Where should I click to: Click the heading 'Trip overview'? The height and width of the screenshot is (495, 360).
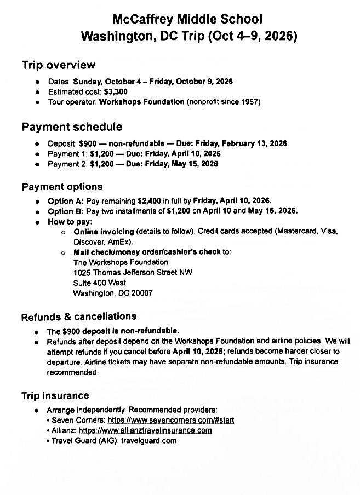point(58,65)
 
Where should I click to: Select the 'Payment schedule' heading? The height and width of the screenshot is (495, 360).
point(72,128)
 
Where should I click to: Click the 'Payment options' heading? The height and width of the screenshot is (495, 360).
point(62,187)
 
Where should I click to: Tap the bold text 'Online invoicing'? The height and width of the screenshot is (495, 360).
point(104,232)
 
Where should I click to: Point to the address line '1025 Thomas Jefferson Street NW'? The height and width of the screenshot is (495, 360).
point(133,272)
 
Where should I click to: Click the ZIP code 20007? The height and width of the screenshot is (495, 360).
point(141,293)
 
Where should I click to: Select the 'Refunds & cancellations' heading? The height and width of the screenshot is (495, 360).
point(78,316)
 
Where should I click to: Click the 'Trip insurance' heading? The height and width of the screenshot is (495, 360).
point(55,395)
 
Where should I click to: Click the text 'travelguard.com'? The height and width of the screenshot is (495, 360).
point(148,440)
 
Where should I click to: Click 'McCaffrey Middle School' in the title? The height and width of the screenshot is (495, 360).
point(187,20)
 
